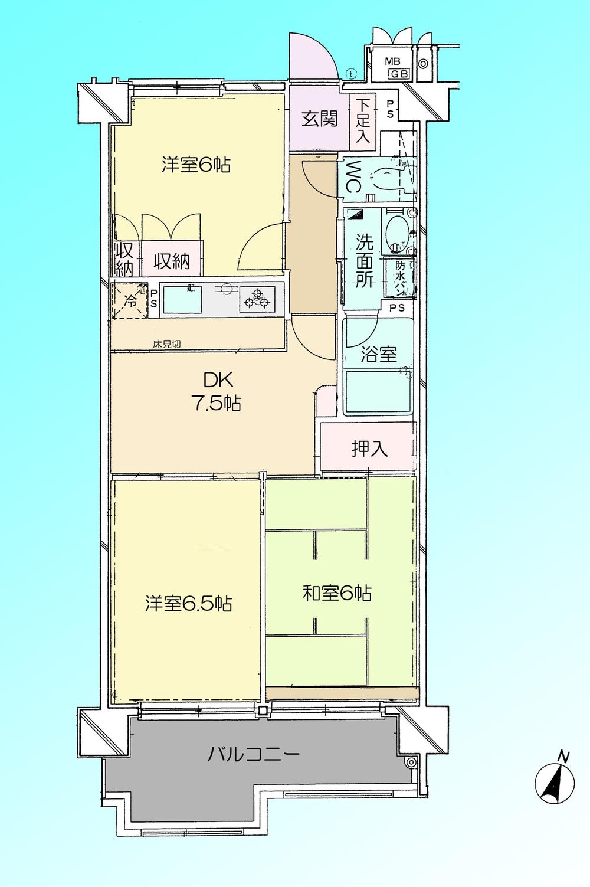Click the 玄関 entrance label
coord(320,119)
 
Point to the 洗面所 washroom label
coord(364,260)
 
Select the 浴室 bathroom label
coord(379,354)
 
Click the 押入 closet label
coord(369,449)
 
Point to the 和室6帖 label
coord(337,593)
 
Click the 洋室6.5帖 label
coord(188,604)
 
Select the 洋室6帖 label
coord(196,165)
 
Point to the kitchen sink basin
coord(183,300)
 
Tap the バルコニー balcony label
coord(253,754)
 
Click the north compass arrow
coord(555,780)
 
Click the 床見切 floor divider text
coord(167,344)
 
